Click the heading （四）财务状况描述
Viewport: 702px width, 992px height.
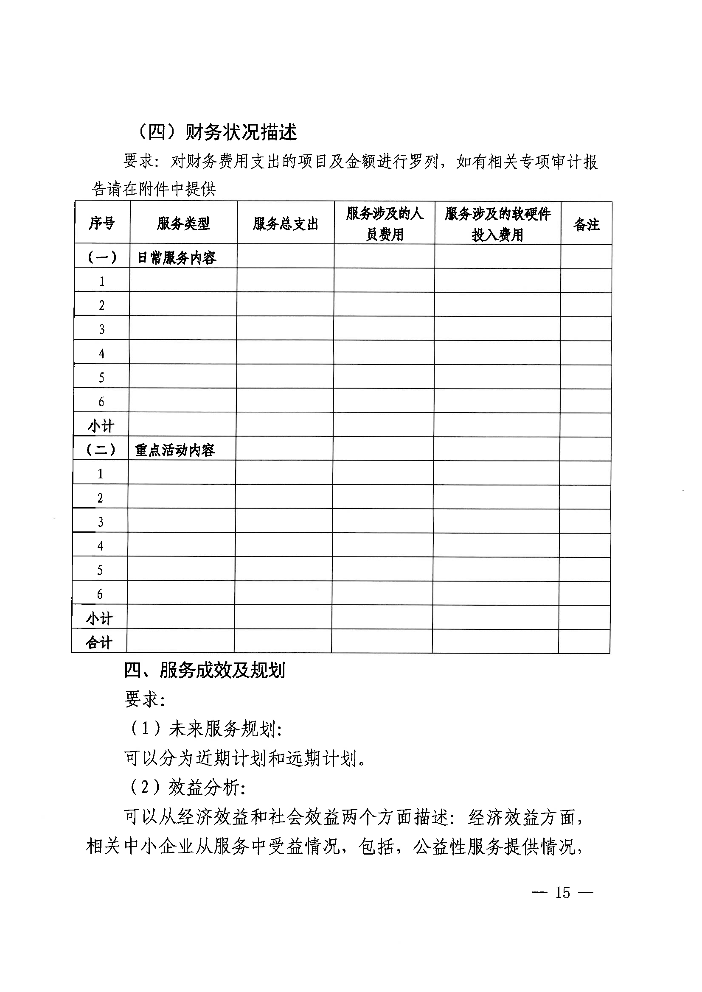tap(216, 132)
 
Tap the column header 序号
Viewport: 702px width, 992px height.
tap(102, 224)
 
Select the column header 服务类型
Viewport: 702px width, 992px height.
tap(183, 224)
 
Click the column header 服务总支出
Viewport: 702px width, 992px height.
tap(285, 224)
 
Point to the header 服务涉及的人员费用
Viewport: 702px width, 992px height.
tap(384, 224)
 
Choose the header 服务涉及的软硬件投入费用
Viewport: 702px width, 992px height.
tap(497, 224)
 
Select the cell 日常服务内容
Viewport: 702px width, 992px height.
tap(177, 258)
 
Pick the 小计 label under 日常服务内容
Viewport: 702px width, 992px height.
tap(101, 426)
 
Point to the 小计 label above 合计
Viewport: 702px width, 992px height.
tap(99, 618)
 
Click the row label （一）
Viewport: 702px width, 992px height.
tap(102, 257)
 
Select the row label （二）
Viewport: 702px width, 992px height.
tap(101, 450)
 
